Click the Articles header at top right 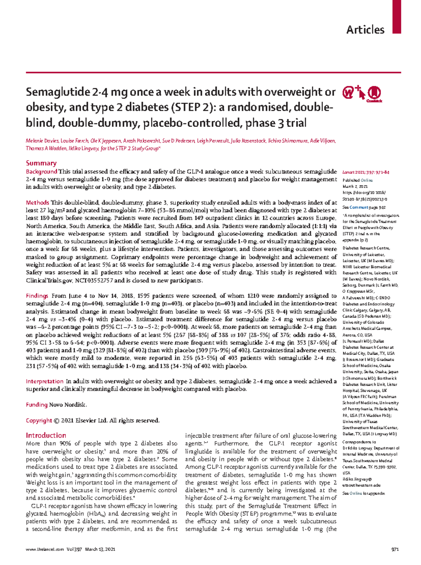point(365,29)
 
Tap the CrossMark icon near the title point(374,93)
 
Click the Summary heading point(41,163)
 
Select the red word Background point(41,172)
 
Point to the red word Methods point(38,203)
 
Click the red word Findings point(37,296)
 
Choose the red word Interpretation point(45,381)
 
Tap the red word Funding point(36,405)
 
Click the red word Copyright point(39,421)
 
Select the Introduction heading point(46,435)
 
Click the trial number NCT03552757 point(94,281)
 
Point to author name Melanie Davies point(42,141)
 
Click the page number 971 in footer point(395,550)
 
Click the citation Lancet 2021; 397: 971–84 point(366,172)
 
